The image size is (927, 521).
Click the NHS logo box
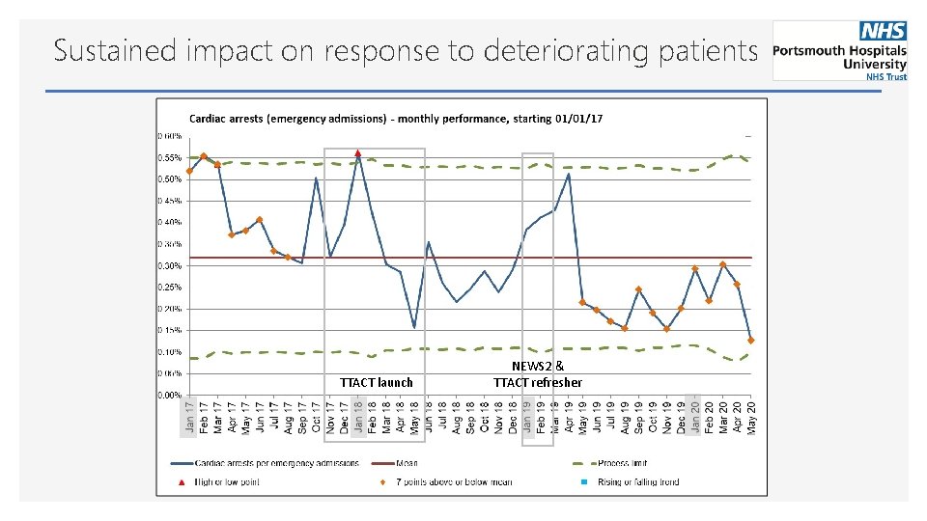[884, 31]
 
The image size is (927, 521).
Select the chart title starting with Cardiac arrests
[396, 119]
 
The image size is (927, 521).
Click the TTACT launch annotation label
[376, 383]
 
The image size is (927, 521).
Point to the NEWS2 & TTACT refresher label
[538, 374]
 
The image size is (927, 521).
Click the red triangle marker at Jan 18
[357, 152]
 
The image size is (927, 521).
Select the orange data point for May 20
[750, 340]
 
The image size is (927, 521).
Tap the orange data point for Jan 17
[189, 171]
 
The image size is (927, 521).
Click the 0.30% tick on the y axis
[170, 265]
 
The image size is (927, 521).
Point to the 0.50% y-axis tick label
[170, 178]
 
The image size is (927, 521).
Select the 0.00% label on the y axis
[170, 395]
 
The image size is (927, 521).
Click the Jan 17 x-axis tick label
[189, 417]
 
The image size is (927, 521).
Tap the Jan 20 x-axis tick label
[694, 417]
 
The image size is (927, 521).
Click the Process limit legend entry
[622, 463]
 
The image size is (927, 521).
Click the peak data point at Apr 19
[568, 175]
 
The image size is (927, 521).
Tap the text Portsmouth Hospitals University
[840, 57]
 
